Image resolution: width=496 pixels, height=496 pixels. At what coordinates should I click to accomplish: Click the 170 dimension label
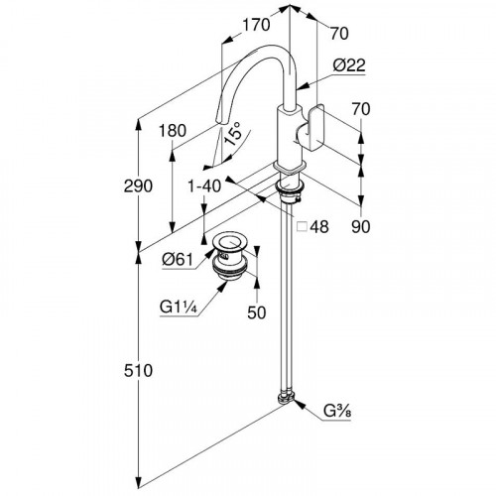tap(256, 25)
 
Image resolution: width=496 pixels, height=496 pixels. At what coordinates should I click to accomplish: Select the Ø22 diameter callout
tap(349, 65)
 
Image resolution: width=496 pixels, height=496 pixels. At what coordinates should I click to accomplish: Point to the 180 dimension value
tap(173, 131)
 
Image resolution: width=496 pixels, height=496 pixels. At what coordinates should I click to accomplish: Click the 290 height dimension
tap(138, 186)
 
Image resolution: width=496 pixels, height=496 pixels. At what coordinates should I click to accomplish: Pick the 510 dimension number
tap(138, 370)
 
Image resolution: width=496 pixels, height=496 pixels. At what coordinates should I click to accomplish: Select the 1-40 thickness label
tap(204, 186)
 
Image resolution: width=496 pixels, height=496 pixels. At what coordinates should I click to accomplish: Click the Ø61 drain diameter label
tap(178, 260)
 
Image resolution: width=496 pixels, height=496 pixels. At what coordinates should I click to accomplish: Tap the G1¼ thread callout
tap(179, 308)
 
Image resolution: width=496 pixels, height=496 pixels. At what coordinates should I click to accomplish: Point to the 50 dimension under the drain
tap(257, 312)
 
